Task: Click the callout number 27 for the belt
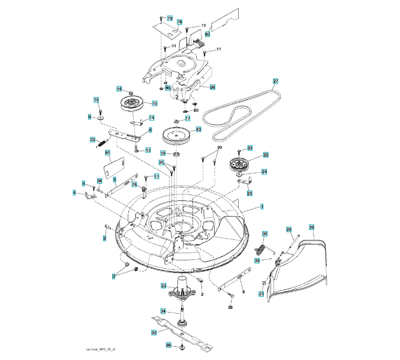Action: [x=276, y=81]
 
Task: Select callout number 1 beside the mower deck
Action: [x=261, y=206]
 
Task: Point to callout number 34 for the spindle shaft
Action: [x=163, y=311]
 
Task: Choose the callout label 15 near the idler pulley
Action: [x=154, y=104]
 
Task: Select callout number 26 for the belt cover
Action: [x=212, y=87]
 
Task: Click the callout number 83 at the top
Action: [x=207, y=35]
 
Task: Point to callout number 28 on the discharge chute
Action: [x=311, y=227]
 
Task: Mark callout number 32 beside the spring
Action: [x=93, y=140]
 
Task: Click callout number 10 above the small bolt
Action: [x=95, y=100]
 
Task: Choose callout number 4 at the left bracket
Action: [x=74, y=193]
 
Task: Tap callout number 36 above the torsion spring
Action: [x=264, y=233]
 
